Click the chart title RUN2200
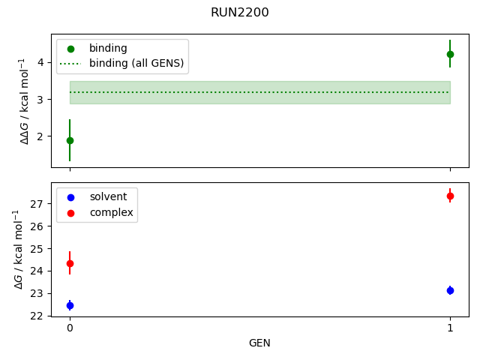tap(240, 13)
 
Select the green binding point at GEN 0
tap(70, 140)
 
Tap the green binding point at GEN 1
tap(450, 54)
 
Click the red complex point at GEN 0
tap(70, 263)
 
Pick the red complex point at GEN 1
tap(450, 196)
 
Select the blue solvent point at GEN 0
tap(70, 305)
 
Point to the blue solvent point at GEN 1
tap(450, 290)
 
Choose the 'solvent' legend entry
tap(108, 196)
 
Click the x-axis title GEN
tap(259, 343)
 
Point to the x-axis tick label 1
tap(450, 328)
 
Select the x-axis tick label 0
tap(70, 328)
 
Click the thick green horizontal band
tap(259, 92)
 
